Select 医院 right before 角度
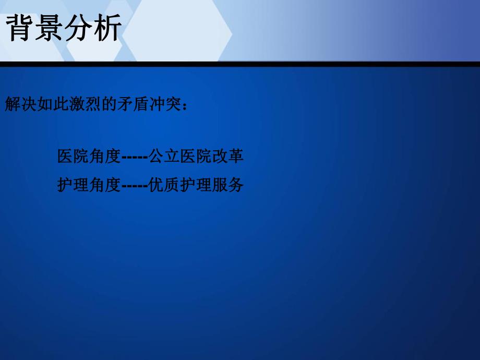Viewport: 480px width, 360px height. tap(73, 157)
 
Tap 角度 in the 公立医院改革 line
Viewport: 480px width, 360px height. tap(105, 157)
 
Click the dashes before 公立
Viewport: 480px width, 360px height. tap(135, 157)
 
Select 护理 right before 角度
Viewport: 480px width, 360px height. tap(73, 185)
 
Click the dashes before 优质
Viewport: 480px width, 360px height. tap(135, 185)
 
